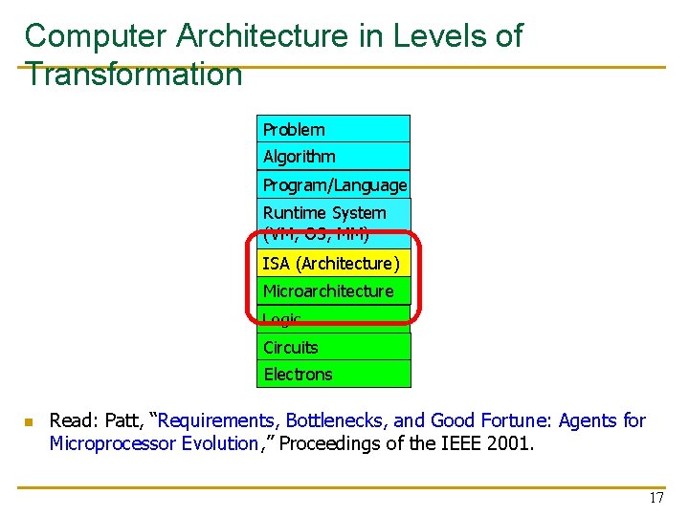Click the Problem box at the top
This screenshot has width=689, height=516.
333,129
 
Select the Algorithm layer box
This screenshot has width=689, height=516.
333,156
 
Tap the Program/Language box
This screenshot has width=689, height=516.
334,184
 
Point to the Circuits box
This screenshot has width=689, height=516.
333,347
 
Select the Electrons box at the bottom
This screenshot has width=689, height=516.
333,374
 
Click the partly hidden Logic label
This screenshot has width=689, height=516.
282,319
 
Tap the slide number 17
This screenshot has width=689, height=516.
656,498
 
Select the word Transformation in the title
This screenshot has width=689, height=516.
134,75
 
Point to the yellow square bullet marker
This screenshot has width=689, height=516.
29,421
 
